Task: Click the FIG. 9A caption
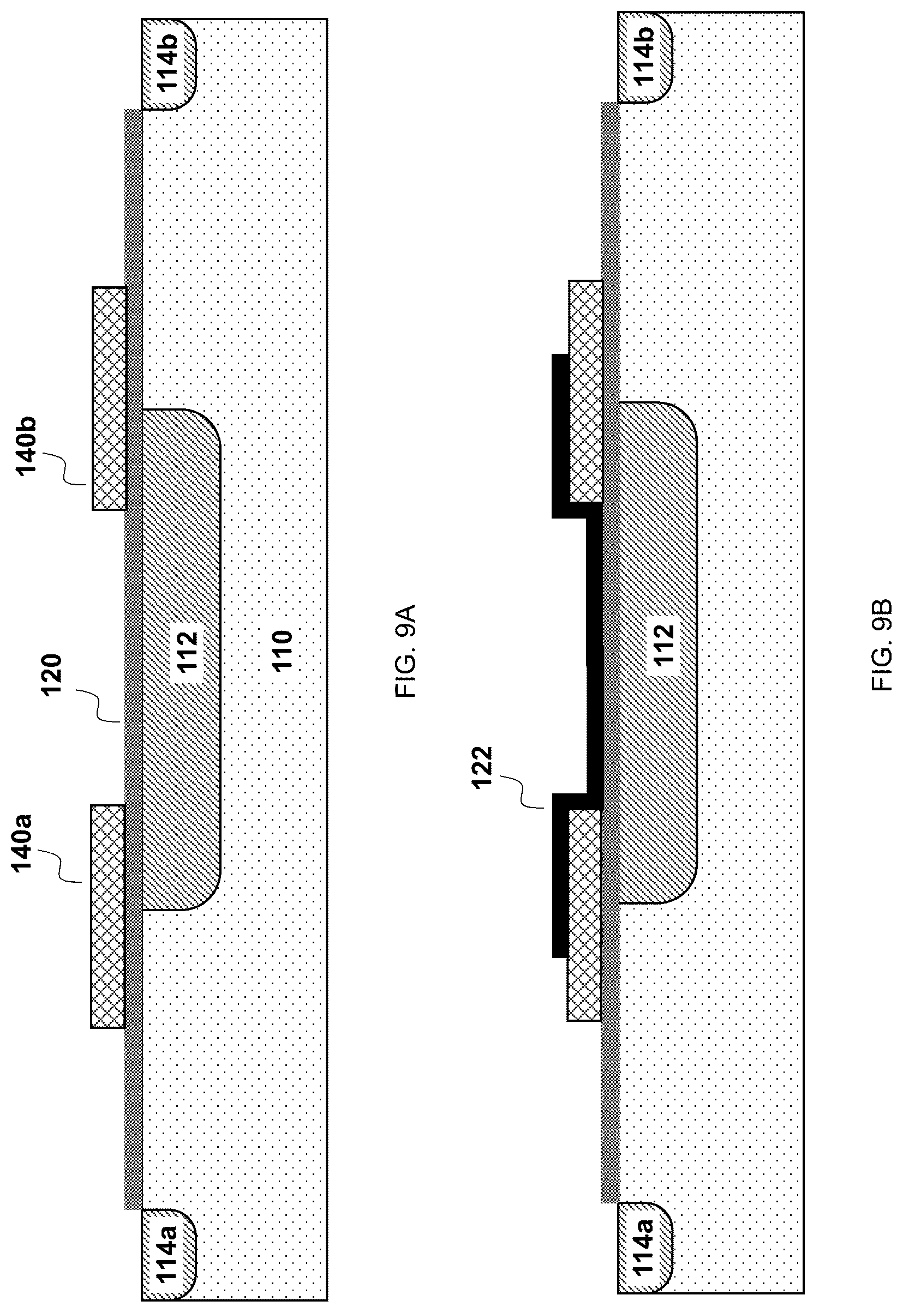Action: coord(406,651)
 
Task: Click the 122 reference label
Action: coord(483,767)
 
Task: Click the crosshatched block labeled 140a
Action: coord(107,916)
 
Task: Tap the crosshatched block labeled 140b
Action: coord(109,399)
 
